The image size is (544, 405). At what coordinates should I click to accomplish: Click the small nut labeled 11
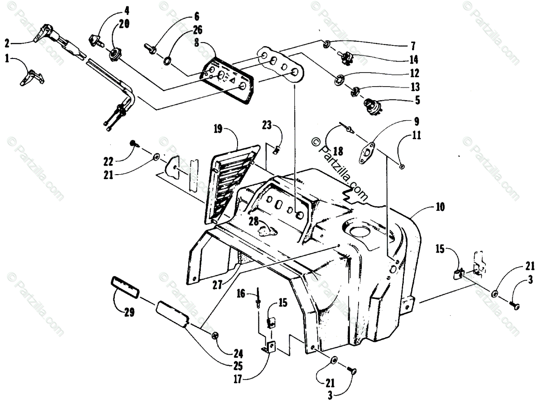click(402, 167)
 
